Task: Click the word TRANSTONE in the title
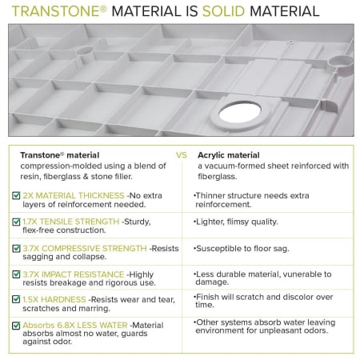point(56,11)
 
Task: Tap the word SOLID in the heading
point(223,11)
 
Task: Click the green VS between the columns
point(182,155)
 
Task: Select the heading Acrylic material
point(229,155)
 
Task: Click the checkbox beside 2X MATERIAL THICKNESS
point(16,195)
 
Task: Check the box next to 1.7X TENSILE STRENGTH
point(16,222)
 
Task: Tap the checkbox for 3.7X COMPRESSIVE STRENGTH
point(16,248)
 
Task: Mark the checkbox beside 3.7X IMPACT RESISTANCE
point(16,274)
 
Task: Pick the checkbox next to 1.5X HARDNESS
point(16,299)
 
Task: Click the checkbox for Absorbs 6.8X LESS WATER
point(16,326)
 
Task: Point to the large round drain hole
point(240,112)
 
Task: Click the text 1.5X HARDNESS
point(54,299)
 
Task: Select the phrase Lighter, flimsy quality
point(237,222)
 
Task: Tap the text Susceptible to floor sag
point(242,249)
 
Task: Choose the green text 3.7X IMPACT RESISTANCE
point(74,274)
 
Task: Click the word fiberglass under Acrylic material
point(217,177)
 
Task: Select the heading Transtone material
point(60,155)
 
